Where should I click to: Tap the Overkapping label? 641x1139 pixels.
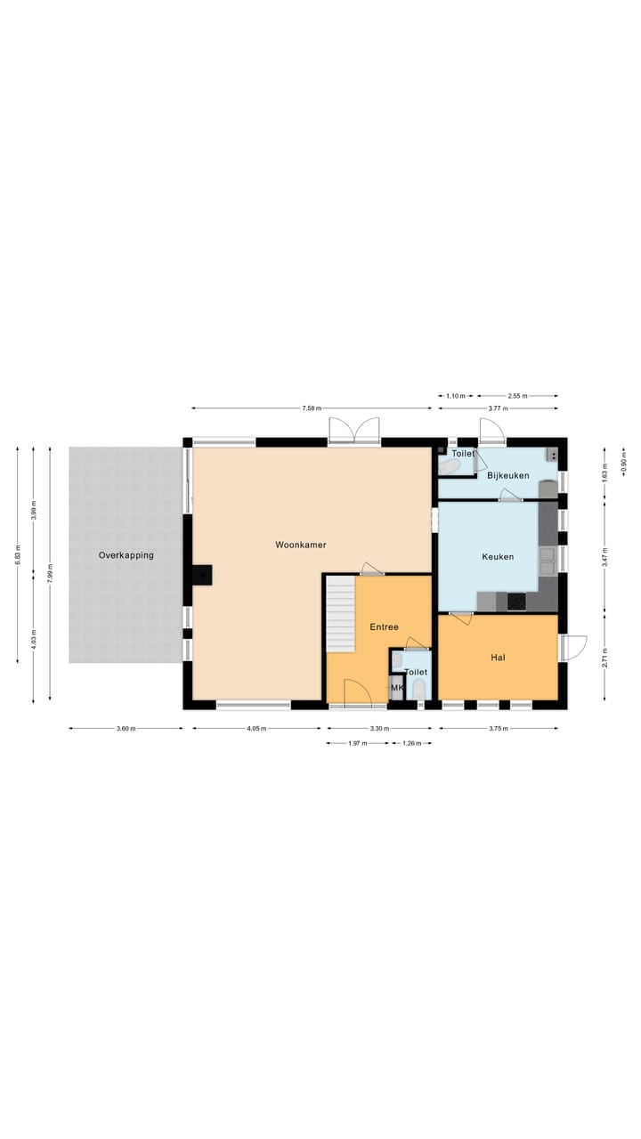(x=126, y=555)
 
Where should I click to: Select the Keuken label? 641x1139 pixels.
(x=498, y=557)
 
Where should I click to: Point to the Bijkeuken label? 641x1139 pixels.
(x=507, y=475)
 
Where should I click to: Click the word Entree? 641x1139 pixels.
(x=384, y=627)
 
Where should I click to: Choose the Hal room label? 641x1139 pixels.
(x=498, y=658)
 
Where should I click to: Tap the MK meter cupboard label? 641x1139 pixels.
(x=396, y=688)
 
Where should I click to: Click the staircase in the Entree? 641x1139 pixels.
(x=340, y=613)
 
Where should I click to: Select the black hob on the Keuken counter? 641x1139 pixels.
(x=516, y=602)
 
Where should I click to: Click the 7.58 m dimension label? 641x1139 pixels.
(x=311, y=408)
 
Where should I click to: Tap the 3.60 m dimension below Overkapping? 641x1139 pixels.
(x=126, y=729)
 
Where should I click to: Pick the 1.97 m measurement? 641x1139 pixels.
(x=358, y=743)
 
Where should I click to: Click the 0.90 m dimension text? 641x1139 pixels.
(x=623, y=461)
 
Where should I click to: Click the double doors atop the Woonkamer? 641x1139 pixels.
(x=354, y=431)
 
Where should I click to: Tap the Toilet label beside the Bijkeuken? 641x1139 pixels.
(x=463, y=454)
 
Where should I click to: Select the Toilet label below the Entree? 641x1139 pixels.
(x=416, y=672)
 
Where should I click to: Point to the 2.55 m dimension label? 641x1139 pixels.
(x=517, y=396)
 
